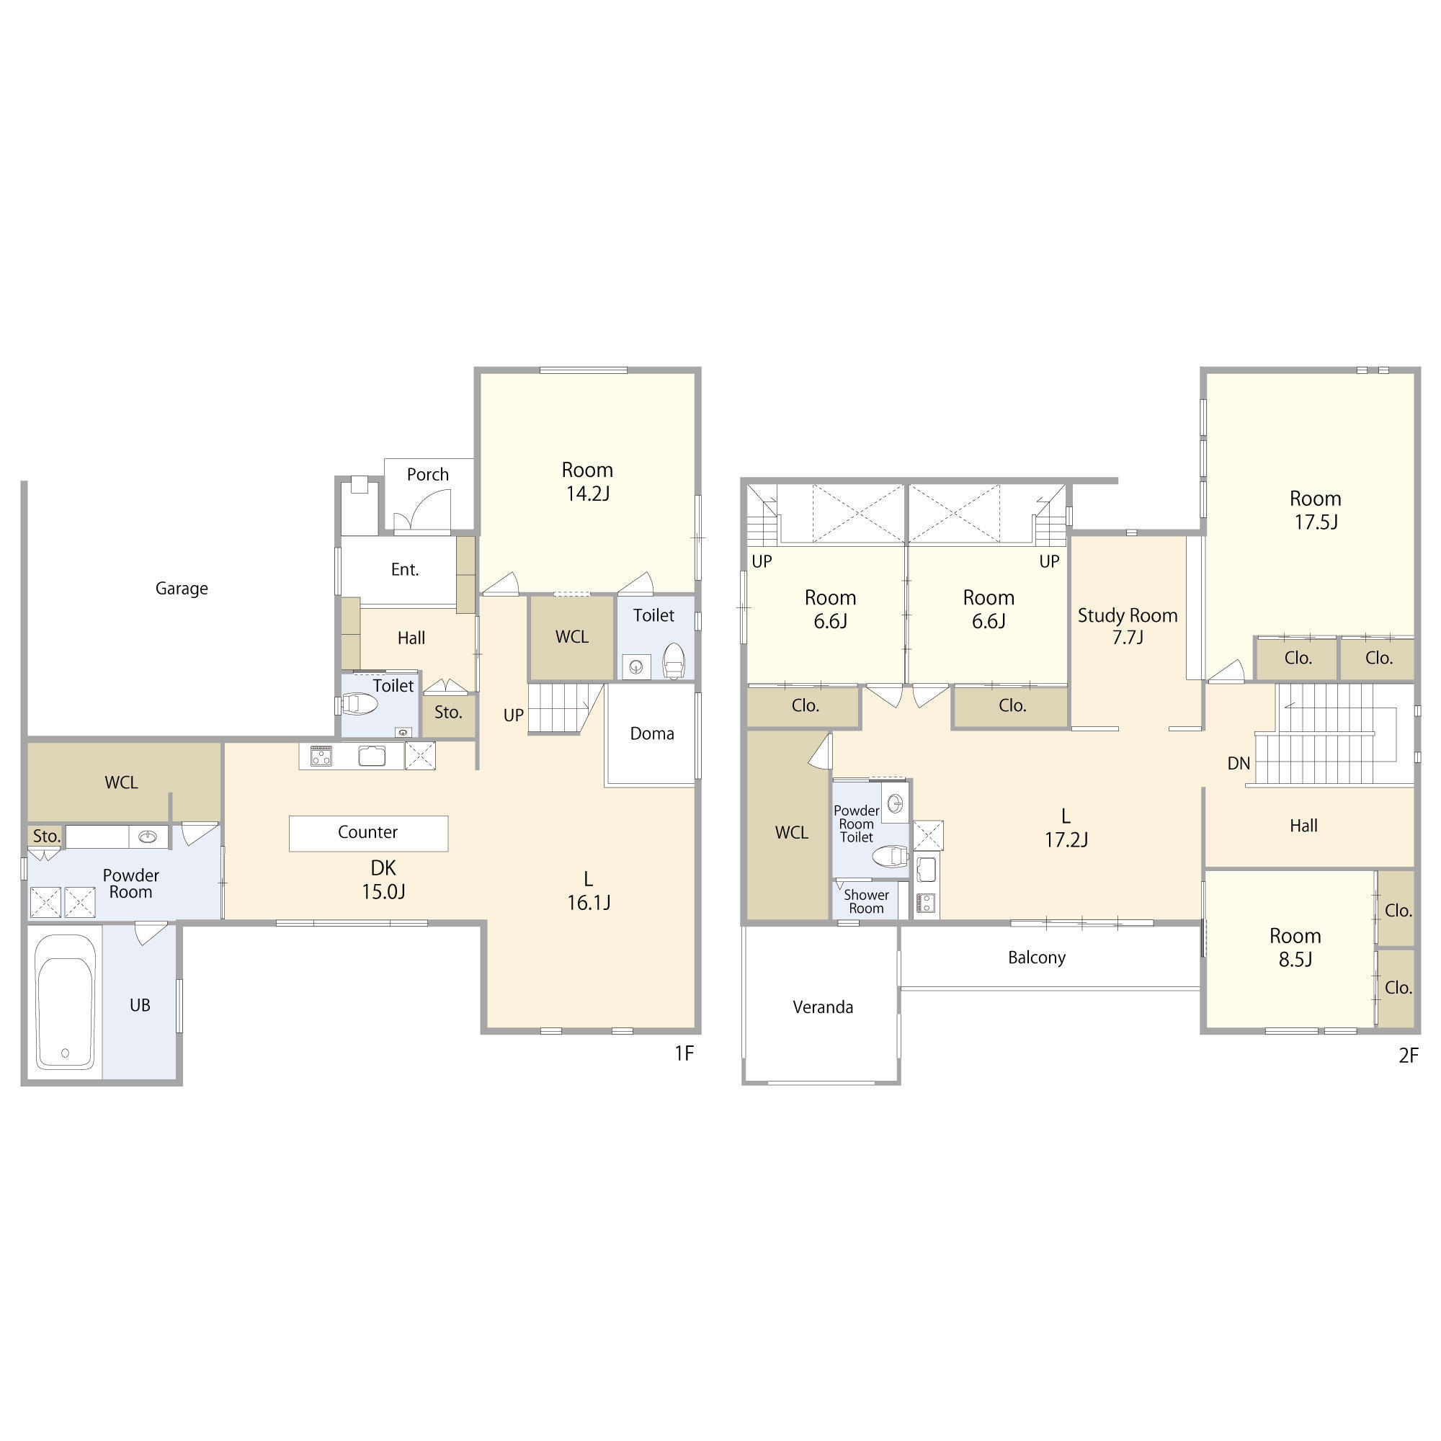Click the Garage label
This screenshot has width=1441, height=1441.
(x=182, y=589)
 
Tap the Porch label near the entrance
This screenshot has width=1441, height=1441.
(x=427, y=474)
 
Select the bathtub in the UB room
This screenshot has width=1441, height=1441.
(x=65, y=1001)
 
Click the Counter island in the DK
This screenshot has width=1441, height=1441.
(x=368, y=833)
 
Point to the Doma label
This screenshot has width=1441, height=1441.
(x=652, y=733)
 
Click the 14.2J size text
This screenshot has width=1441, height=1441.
(x=588, y=494)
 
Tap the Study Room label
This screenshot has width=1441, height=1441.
(x=1127, y=615)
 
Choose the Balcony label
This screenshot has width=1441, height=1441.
(x=1036, y=958)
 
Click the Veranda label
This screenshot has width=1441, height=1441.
(x=823, y=1007)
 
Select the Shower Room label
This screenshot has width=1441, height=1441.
(x=866, y=902)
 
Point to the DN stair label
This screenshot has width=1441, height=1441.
(x=1238, y=763)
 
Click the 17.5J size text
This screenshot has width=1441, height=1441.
(x=1316, y=522)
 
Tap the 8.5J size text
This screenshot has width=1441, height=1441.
(x=1295, y=959)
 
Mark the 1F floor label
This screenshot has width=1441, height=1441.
(x=684, y=1053)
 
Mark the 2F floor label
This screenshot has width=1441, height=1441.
(x=1408, y=1056)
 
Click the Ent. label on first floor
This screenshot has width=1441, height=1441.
(x=405, y=570)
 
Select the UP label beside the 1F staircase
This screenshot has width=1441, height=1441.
(x=513, y=715)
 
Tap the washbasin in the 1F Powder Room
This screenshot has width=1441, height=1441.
(x=148, y=837)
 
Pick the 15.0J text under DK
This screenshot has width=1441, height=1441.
(x=383, y=891)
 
